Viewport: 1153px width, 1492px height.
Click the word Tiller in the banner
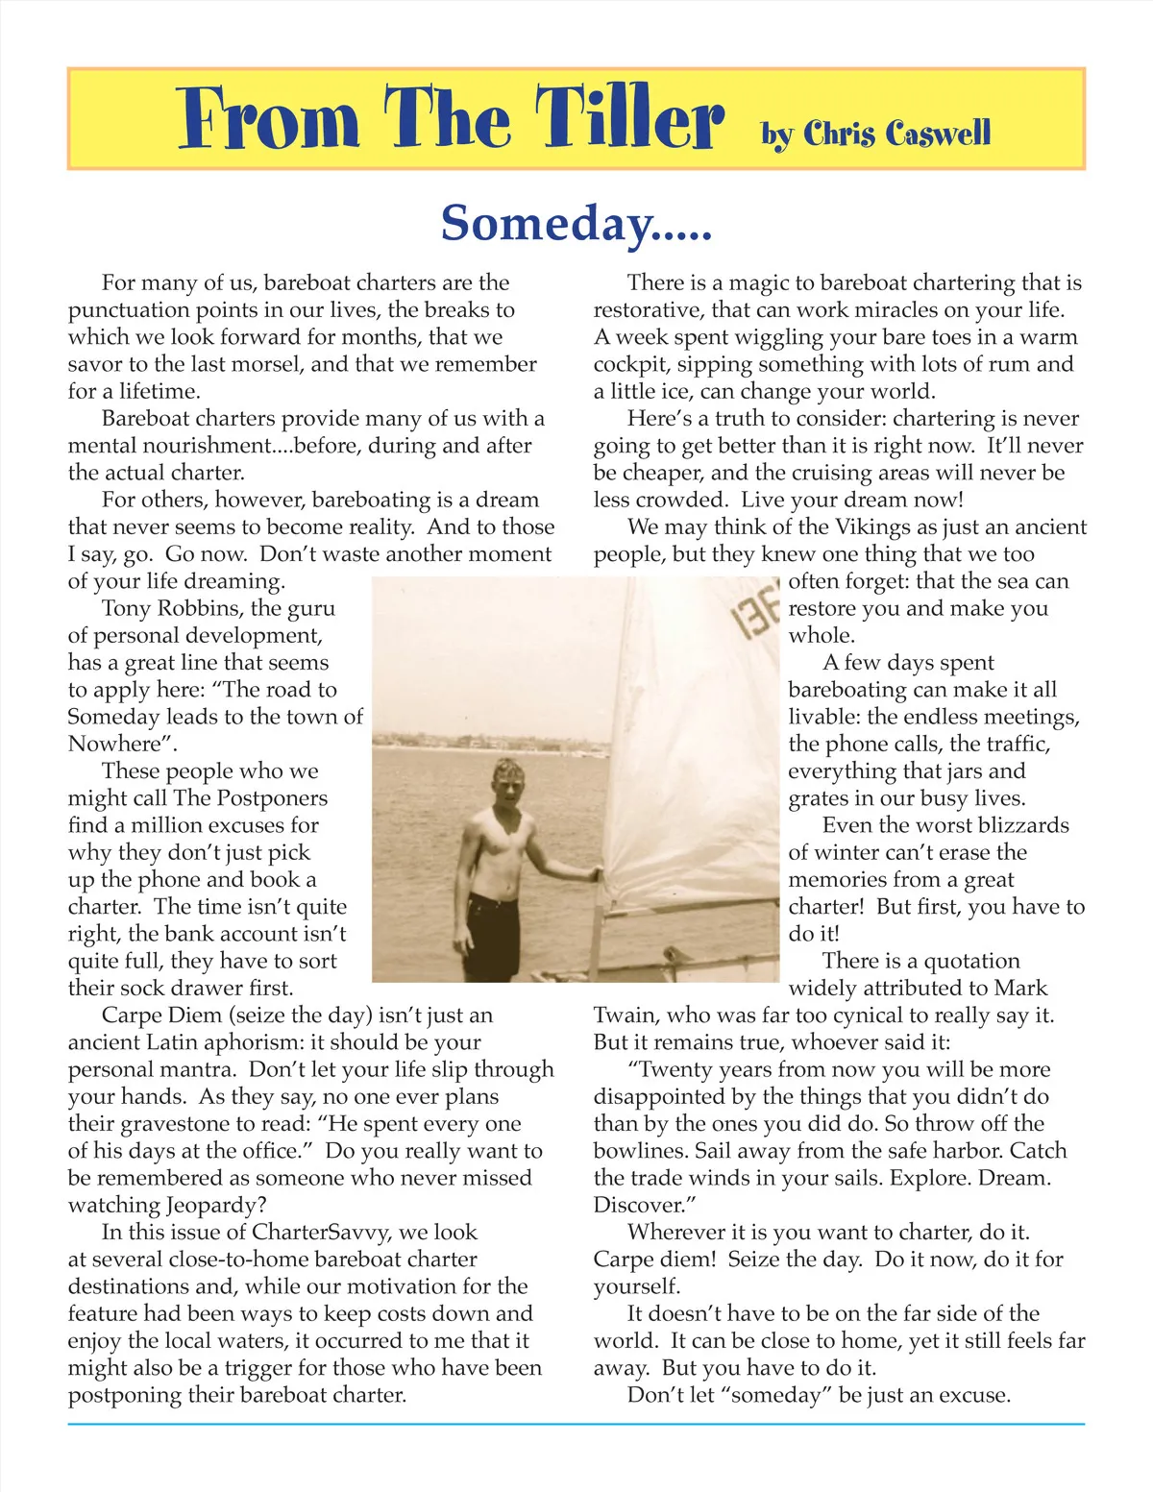(x=628, y=119)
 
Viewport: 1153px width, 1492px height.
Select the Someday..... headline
(x=576, y=223)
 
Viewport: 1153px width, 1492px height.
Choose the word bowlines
(x=638, y=1151)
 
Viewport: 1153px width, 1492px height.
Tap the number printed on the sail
(x=758, y=616)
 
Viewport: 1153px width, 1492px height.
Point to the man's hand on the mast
(x=596, y=874)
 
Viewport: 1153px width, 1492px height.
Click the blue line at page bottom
(x=576, y=1424)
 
